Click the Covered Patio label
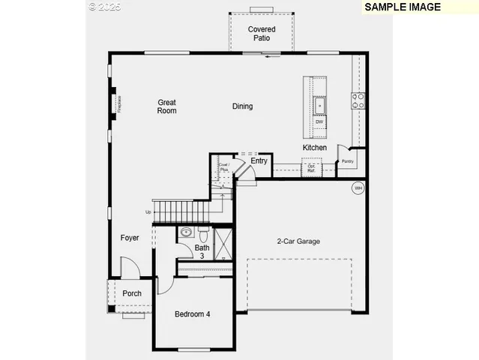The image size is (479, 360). coord(262,34)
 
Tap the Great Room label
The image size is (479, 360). coord(166,106)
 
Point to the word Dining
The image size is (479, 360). coord(242,106)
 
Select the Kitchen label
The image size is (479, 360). coord(315,148)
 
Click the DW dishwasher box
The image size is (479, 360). coord(319,121)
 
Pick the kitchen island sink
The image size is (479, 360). coord(319,104)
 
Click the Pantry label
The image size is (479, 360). coord(348,161)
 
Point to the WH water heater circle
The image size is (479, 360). coord(358,187)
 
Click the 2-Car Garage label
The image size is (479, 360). coord(298,241)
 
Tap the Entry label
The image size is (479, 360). coord(259,161)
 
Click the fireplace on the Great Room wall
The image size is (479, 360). coord(115,103)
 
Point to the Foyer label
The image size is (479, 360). coord(130,238)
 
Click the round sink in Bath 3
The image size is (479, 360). coord(186,232)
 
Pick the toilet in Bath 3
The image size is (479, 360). coord(202,231)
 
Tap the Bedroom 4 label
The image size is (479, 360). coord(192,313)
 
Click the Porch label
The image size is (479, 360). coord(132,293)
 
